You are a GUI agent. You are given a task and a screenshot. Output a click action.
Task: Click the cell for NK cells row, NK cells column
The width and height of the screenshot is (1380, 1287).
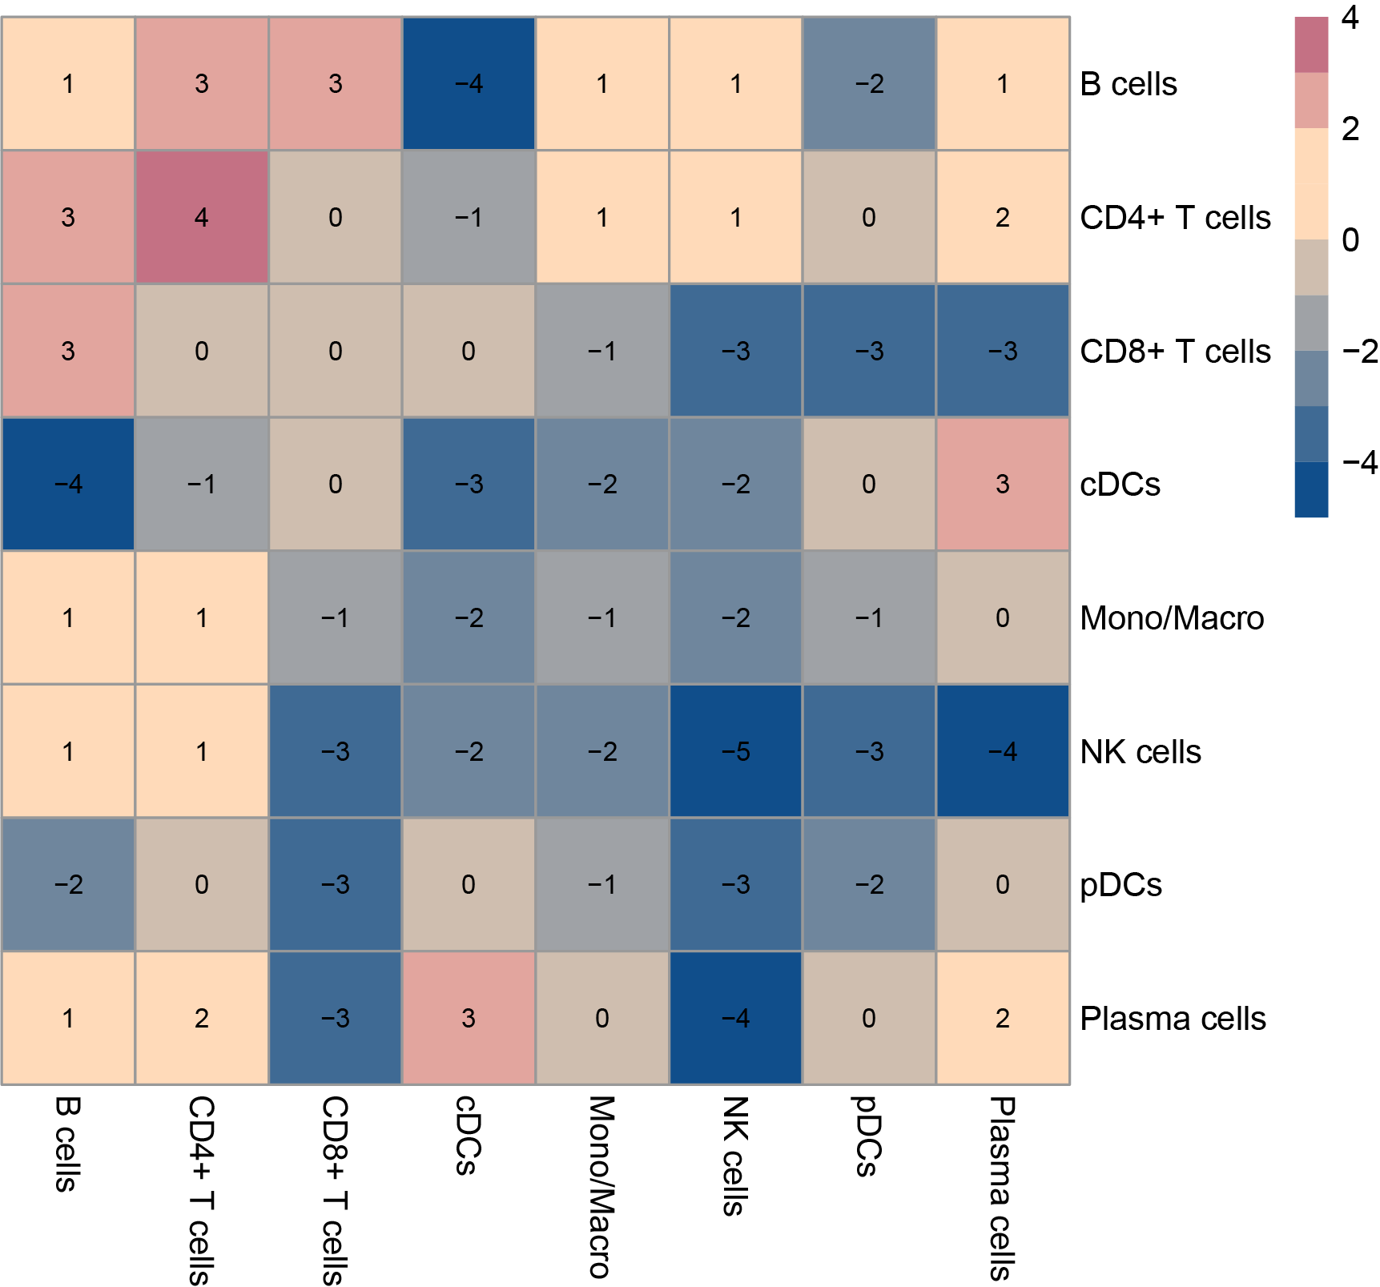735,751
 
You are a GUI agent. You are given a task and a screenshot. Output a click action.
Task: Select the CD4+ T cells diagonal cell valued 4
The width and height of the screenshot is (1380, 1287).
202,217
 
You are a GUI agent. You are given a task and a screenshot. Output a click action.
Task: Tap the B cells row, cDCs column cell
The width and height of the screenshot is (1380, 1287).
469,83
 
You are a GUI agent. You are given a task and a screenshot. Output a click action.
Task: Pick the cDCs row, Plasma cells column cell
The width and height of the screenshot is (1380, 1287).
1002,484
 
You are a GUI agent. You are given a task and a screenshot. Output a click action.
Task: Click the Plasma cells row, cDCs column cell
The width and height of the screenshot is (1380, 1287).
469,1018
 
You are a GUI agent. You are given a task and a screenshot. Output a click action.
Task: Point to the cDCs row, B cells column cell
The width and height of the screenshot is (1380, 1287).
68,484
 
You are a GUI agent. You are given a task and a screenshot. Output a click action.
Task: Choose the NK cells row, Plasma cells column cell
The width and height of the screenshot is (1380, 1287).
1002,751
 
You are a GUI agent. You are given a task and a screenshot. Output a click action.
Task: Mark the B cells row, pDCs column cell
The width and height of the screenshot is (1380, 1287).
869,83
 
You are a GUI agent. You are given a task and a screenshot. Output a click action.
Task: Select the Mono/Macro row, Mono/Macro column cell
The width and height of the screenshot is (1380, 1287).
602,617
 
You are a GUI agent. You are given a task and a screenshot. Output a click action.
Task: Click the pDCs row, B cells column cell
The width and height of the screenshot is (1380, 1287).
68,884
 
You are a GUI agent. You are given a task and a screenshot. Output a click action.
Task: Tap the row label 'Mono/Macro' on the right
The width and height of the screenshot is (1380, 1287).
1172,618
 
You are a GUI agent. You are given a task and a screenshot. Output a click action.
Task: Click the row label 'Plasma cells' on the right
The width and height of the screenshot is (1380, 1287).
1173,1019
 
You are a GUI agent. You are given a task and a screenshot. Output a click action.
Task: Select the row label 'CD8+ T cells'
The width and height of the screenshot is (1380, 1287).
1175,352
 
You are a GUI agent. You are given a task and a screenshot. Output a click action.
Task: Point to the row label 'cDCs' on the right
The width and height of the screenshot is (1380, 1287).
1120,485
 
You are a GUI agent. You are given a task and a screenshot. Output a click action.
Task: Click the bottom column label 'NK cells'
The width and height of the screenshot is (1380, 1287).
734,1156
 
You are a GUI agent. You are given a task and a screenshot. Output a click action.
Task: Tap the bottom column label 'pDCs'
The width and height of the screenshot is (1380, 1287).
867,1136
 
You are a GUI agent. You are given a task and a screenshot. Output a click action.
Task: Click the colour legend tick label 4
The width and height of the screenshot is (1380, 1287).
1350,18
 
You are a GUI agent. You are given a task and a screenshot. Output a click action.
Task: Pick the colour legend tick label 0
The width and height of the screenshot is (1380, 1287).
1350,239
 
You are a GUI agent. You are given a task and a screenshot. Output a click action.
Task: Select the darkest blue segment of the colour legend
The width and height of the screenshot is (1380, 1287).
1311,489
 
